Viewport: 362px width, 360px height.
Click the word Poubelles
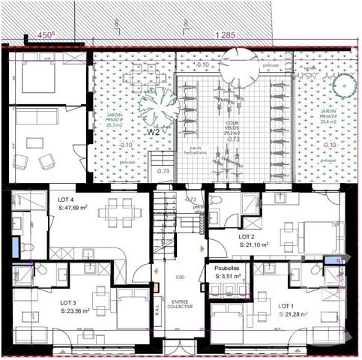pos(226,268)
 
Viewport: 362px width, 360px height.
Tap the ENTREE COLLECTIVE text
pos(179,304)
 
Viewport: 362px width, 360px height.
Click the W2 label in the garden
pos(154,132)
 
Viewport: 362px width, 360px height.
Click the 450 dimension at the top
pos(47,34)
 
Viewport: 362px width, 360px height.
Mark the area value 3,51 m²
pos(229,276)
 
